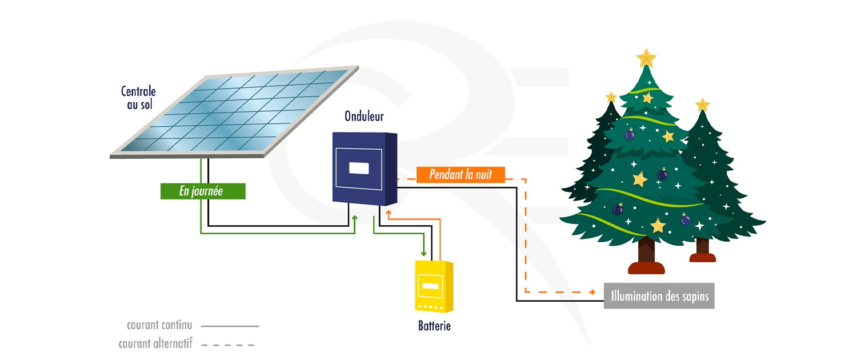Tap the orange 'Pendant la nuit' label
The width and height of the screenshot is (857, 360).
[x=460, y=174]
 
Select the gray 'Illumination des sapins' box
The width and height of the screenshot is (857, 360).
[x=659, y=297]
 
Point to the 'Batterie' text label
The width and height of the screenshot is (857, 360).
[x=434, y=326]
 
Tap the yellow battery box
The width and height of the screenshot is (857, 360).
[x=434, y=286]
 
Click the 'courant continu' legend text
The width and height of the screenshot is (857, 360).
[x=159, y=326]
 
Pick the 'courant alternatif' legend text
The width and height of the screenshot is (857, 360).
[x=155, y=344]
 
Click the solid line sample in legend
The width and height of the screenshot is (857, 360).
[x=230, y=326]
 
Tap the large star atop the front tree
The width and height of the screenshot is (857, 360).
[x=646, y=58]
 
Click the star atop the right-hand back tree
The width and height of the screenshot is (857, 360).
[x=702, y=105]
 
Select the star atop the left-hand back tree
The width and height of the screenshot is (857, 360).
[x=611, y=97]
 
